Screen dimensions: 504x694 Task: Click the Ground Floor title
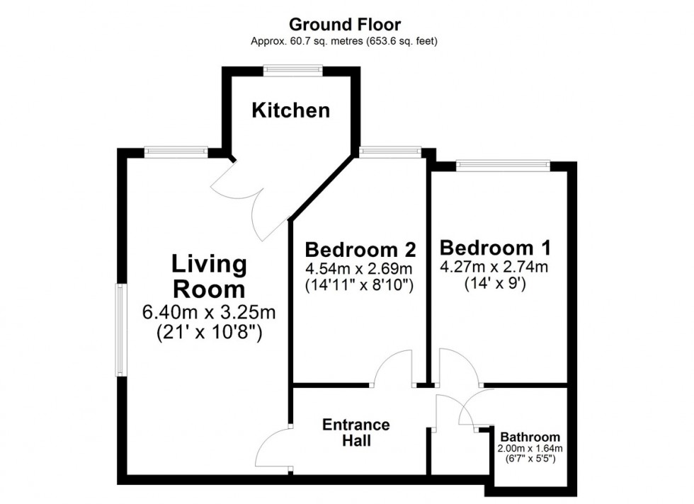(x=344, y=25)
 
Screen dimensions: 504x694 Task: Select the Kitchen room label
(x=291, y=110)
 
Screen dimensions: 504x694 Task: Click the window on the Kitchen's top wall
(x=293, y=69)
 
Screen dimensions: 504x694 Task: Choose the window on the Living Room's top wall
(x=176, y=151)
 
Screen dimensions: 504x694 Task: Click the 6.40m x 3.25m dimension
(x=209, y=312)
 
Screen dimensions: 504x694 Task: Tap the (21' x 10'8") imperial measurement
(x=209, y=333)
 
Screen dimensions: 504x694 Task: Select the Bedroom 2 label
(x=359, y=250)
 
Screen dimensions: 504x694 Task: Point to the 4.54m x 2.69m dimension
(x=359, y=269)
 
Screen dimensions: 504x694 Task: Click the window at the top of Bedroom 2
(x=389, y=151)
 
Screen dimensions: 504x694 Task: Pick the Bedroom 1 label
(x=495, y=248)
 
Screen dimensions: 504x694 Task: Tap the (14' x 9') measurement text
(x=495, y=285)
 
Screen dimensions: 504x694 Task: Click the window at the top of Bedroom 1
(x=502, y=166)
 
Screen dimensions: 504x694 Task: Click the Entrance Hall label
(x=355, y=433)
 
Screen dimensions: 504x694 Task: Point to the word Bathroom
(x=530, y=437)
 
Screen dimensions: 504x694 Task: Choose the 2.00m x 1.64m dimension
(x=530, y=449)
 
